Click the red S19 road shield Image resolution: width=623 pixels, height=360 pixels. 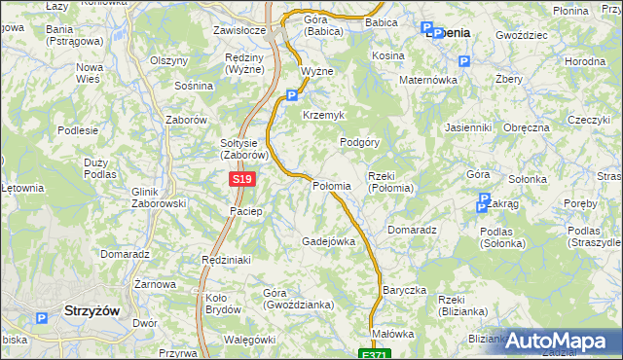point(243,180)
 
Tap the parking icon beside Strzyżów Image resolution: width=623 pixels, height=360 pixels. point(41,318)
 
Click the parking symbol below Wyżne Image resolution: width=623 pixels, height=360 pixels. point(292,95)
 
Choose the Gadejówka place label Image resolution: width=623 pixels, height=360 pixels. point(328,240)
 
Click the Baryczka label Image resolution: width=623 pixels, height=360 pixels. point(405,290)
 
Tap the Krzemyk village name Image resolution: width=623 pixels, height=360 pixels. point(324,115)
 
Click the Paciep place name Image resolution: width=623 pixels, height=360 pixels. point(246,211)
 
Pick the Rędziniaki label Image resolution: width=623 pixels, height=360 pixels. point(227,260)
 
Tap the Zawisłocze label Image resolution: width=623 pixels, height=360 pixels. point(239,30)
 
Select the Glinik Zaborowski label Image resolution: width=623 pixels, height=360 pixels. point(158,198)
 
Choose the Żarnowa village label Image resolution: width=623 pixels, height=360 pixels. point(155,284)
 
